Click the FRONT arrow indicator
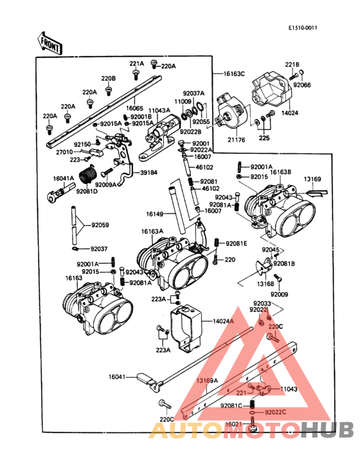(x=50, y=44)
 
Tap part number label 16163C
(x=234, y=74)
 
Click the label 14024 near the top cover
(x=291, y=112)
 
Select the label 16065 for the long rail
(x=134, y=109)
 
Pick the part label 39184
(x=149, y=172)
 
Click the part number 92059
(x=100, y=225)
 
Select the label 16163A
(x=152, y=231)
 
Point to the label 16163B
(x=280, y=172)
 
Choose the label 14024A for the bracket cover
(x=223, y=320)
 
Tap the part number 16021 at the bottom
(x=234, y=424)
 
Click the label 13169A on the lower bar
(x=208, y=381)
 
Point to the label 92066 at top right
(x=302, y=84)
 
